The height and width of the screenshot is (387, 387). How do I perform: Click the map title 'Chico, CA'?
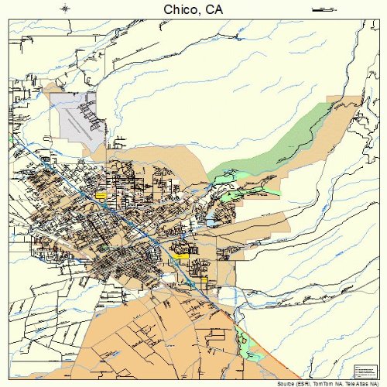click(x=193, y=9)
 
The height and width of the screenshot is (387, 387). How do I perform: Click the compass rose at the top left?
click(x=65, y=9)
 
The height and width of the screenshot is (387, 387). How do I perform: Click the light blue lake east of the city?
click(x=210, y=223)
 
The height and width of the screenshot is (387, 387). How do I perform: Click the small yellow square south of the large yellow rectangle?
click(x=206, y=282)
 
